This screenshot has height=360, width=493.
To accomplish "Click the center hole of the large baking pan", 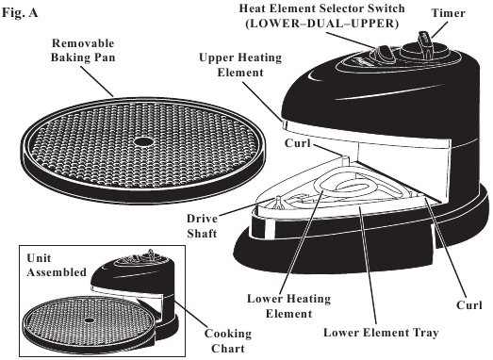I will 140,141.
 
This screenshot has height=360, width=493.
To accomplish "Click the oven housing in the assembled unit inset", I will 142,279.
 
